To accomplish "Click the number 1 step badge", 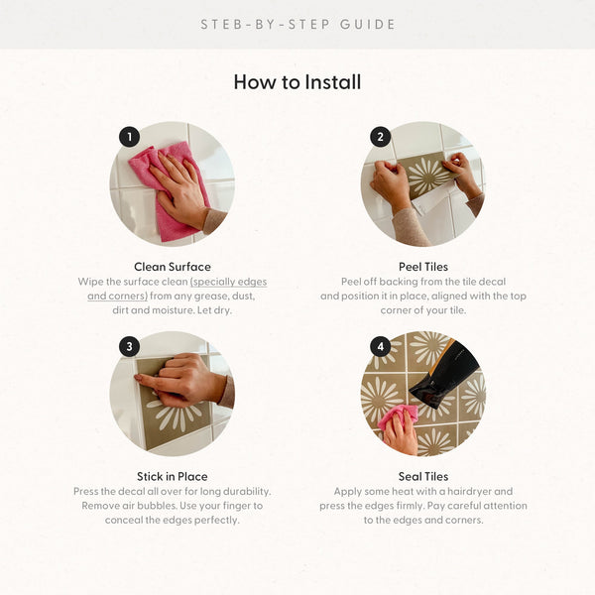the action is (x=129, y=137).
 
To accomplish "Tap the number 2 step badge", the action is (x=380, y=137).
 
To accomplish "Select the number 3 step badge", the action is (x=129, y=346).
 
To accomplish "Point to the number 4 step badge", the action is (x=380, y=346).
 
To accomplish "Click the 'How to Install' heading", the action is (x=297, y=82).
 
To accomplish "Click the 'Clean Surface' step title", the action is (x=173, y=267).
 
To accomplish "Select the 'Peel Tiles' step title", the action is (x=423, y=267).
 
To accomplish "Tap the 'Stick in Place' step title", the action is (x=173, y=477).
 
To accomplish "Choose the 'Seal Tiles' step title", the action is (x=423, y=477).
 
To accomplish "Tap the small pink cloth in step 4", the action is (x=398, y=416).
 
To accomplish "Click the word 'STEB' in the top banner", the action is (x=221, y=25).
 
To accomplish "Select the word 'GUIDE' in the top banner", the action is (x=367, y=25).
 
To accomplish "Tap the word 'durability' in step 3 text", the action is (x=247, y=492).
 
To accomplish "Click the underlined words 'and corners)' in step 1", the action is (x=117, y=296).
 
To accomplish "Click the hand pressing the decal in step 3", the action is (x=181, y=380).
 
